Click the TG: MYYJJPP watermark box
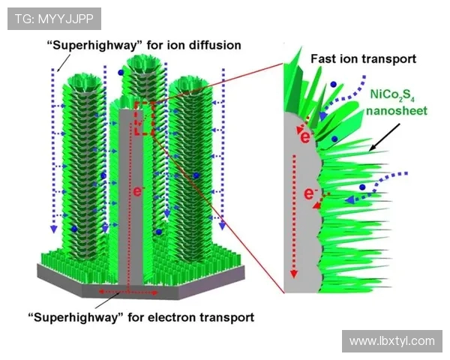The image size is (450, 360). coord(54,19)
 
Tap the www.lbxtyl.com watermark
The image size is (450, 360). coord(392,341)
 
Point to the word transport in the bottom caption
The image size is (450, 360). coord(226,318)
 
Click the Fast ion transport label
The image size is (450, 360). coord(363,59)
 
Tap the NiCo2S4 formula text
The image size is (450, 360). coord(392,95)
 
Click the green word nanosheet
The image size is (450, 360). coord(397,110)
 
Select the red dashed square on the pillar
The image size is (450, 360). coord(145,118)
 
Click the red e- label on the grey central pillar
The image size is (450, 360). coord(138,191)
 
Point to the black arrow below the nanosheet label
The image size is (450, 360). coord(384,137)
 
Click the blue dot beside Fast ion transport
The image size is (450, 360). coord(333,85)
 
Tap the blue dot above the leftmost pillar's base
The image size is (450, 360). coord(74,229)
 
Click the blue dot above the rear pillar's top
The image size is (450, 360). coord(121,72)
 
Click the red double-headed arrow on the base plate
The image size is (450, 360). coord(128,292)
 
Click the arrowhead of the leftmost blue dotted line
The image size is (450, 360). coord(53,229)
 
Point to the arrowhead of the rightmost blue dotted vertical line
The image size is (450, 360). coord(223,226)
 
